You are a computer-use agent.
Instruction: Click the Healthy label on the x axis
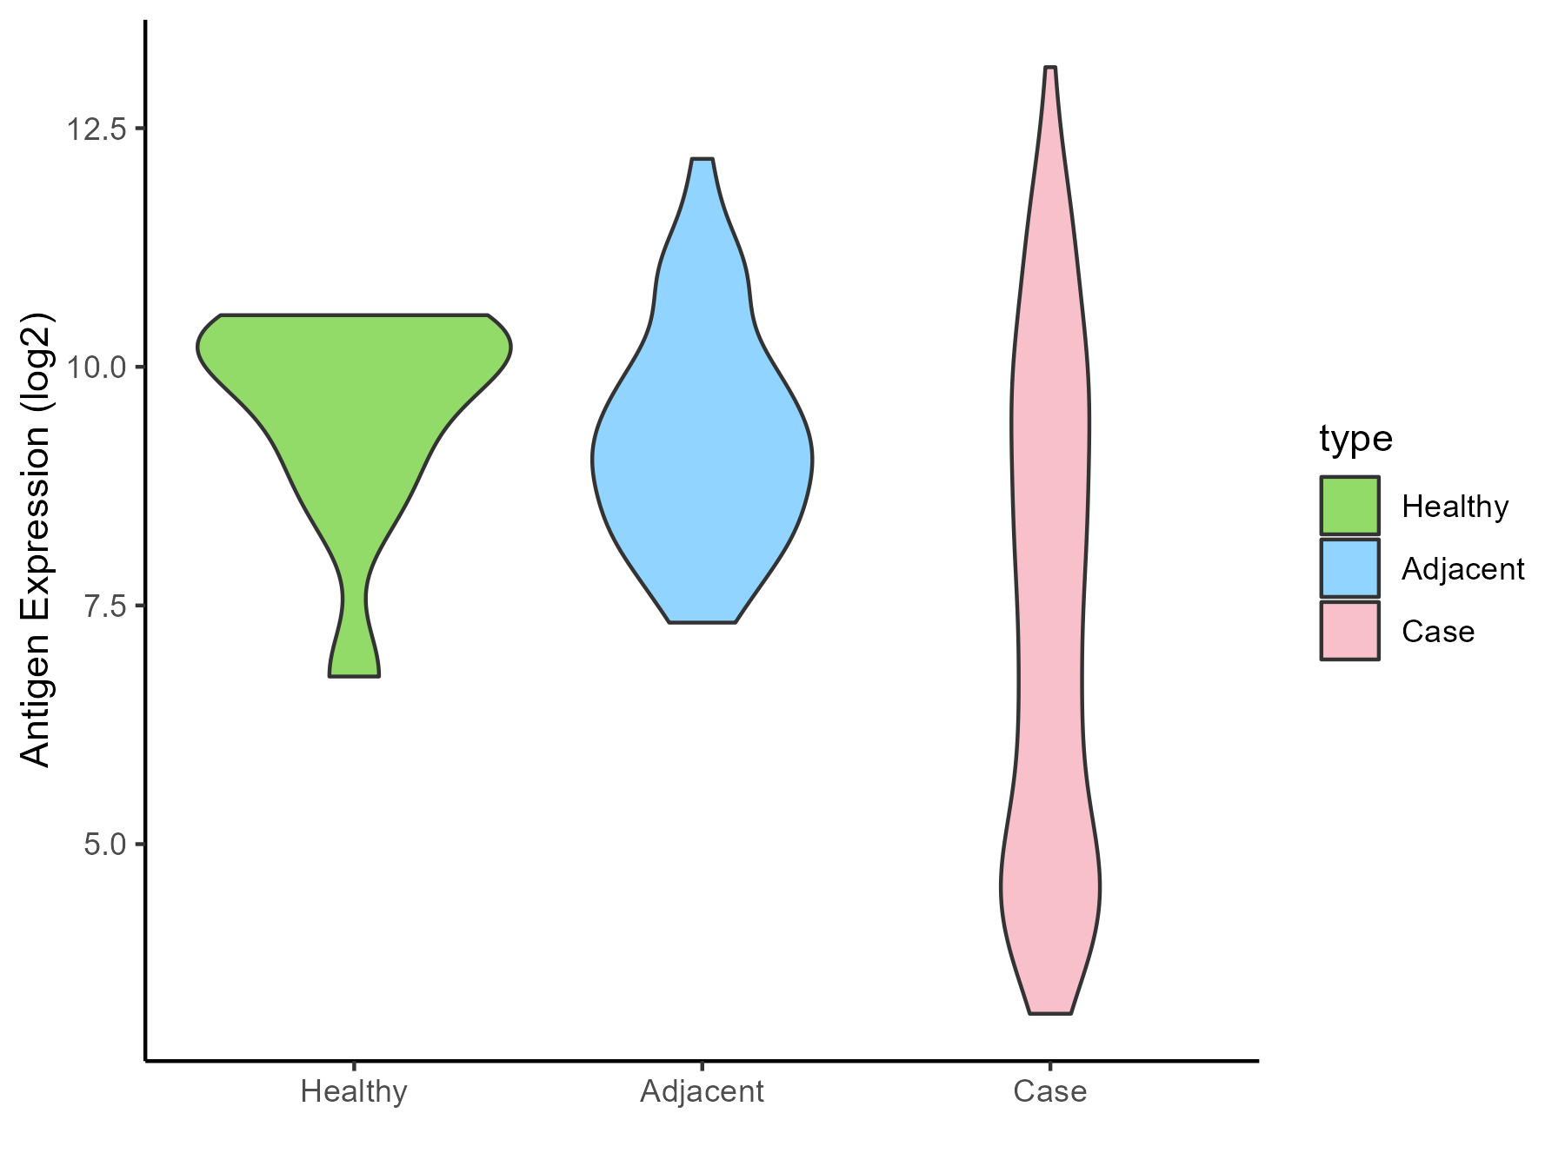(x=354, y=1091)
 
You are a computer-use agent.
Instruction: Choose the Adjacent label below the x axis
(x=702, y=1091)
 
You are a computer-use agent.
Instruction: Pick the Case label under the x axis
(x=1049, y=1091)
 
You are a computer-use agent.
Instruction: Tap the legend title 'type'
(x=1355, y=439)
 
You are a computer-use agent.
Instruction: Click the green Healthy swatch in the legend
(x=1349, y=506)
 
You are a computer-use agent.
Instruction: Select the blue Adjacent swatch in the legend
(x=1349, y=568)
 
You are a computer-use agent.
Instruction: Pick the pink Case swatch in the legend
(x=1349, y=631)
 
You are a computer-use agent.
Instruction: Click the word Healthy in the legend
(x=1455, y=507)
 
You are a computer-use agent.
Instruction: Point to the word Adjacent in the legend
(x=1462, y=569)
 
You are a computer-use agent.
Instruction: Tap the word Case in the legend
(x=1438, y=632)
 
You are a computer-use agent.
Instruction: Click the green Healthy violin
(x=354, y=391)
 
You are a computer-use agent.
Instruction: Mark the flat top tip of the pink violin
(x=1050, y=68)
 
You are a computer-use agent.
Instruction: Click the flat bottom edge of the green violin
(x=354, y=675)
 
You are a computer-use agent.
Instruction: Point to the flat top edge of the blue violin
(x=702, y=160)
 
